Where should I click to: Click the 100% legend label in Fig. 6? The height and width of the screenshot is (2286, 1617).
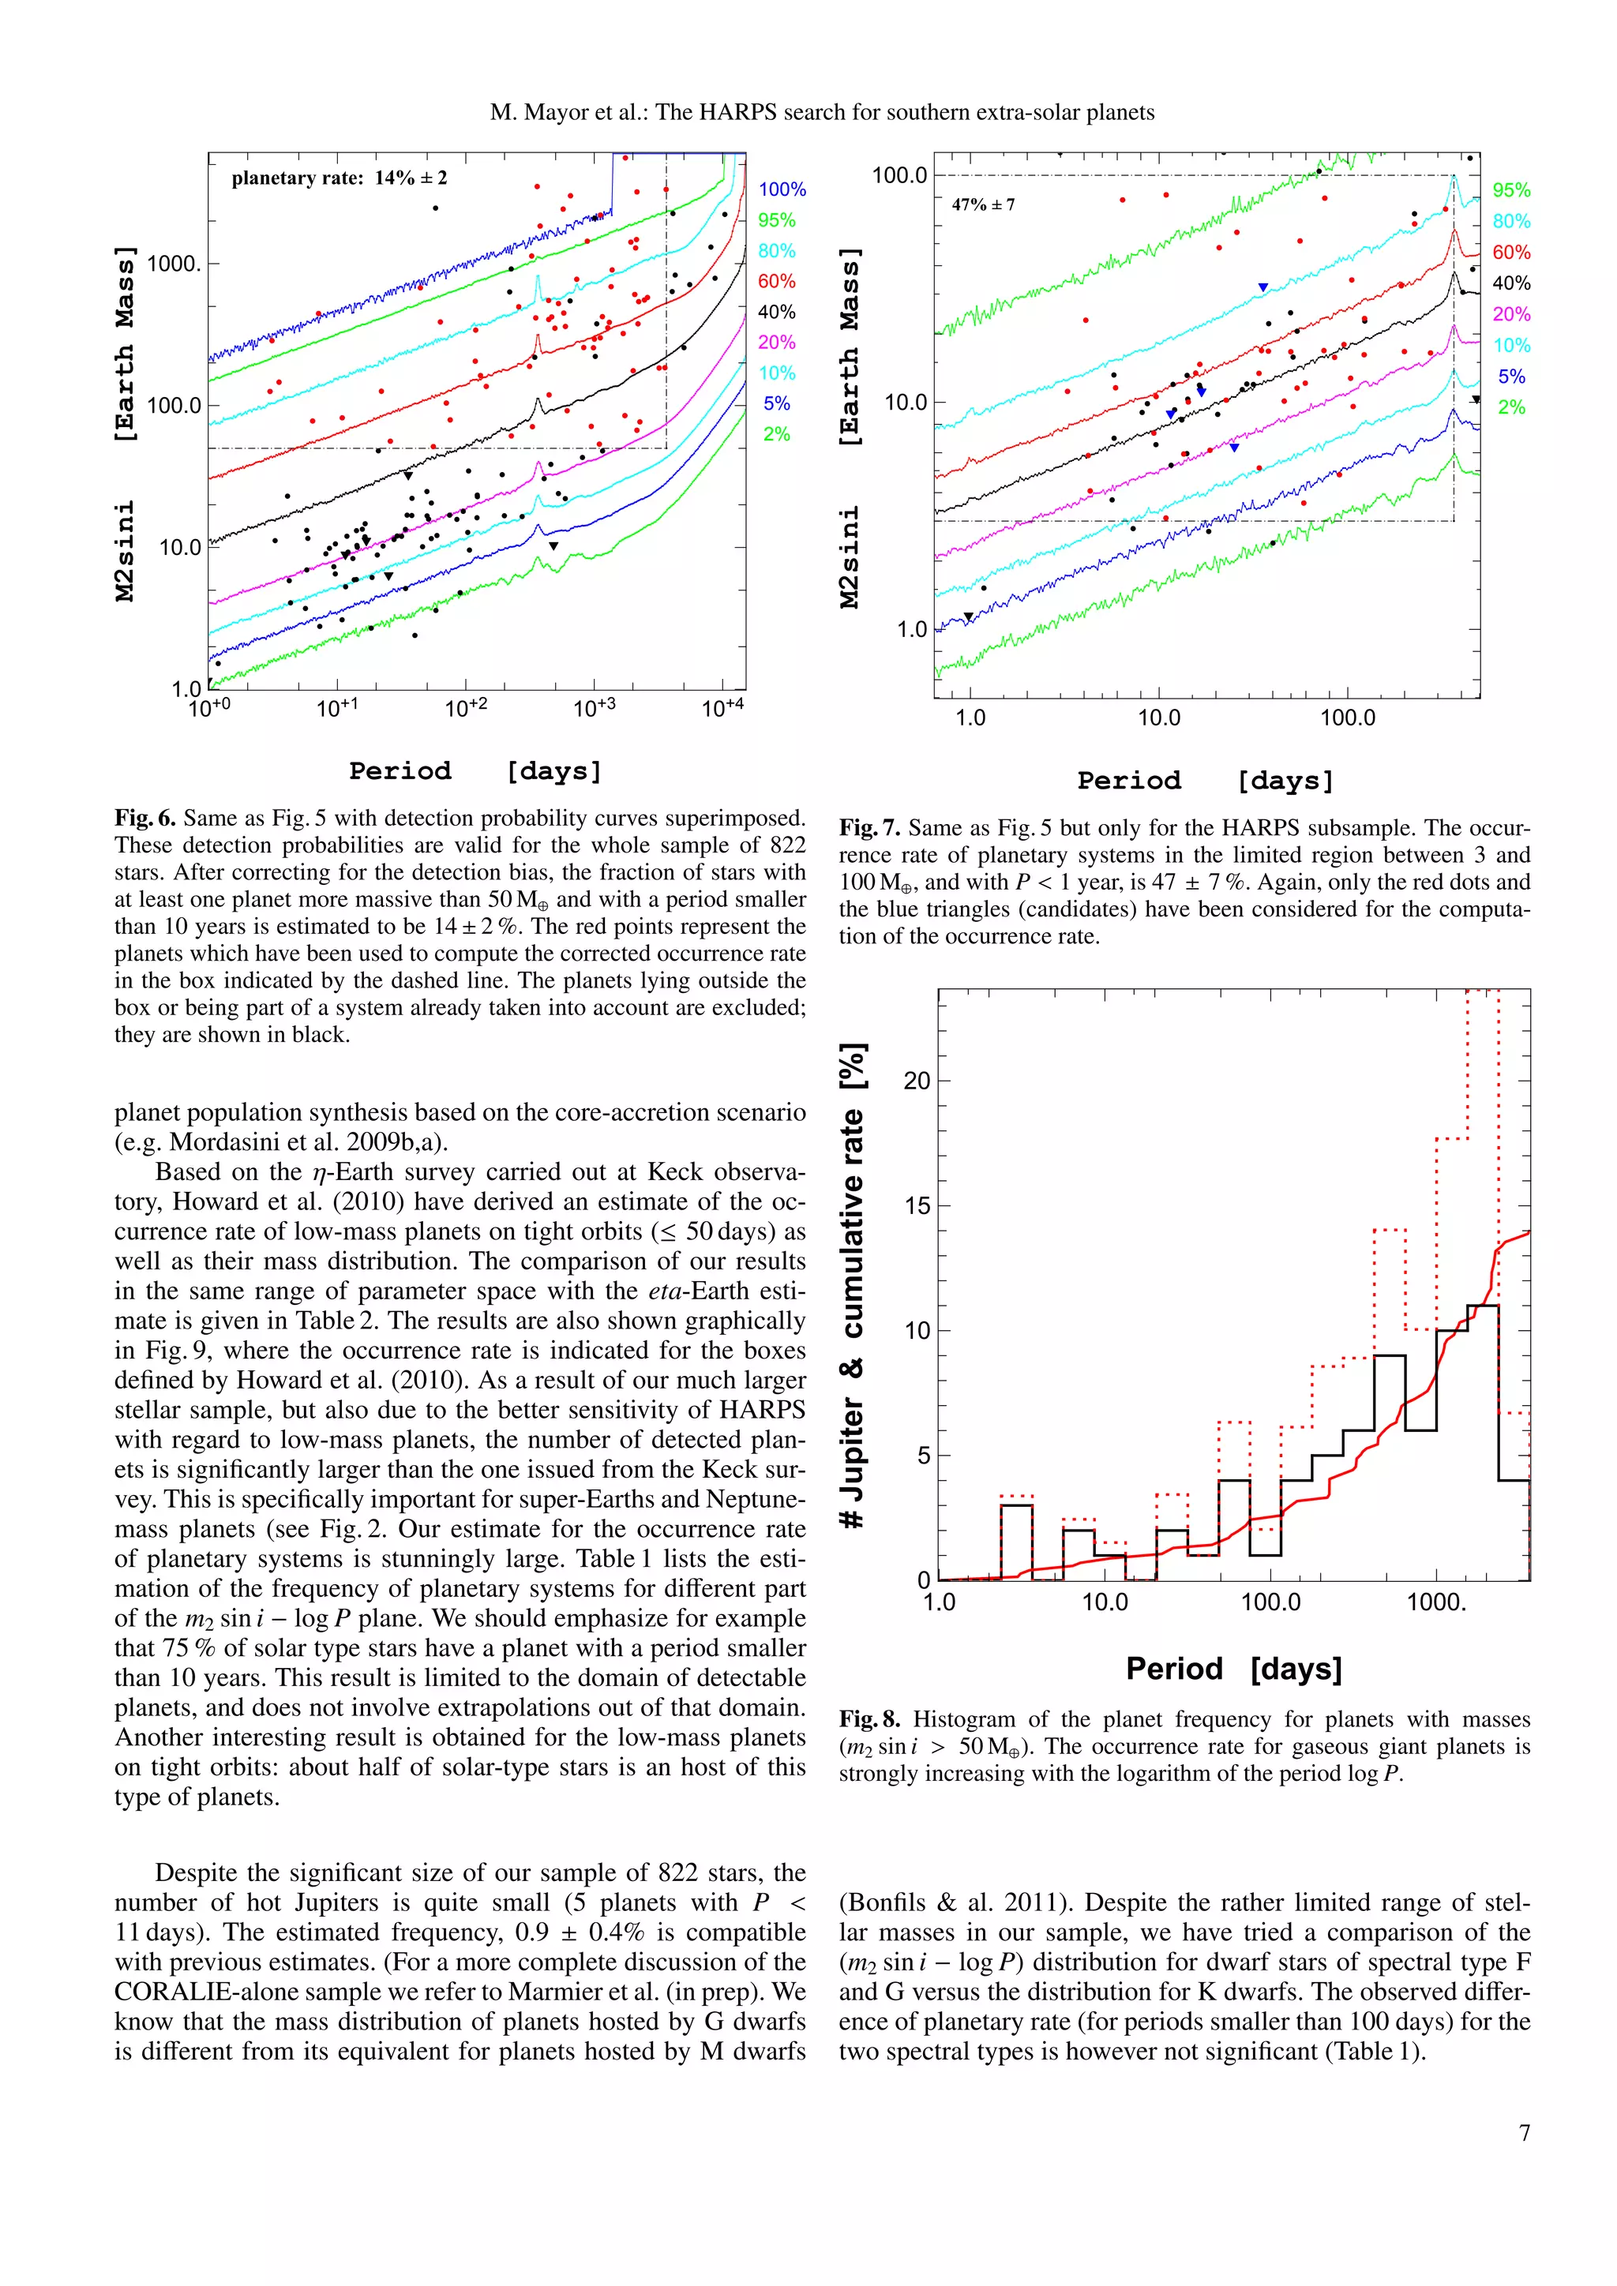point(782,189)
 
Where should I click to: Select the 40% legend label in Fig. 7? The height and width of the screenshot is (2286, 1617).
point(1510,283)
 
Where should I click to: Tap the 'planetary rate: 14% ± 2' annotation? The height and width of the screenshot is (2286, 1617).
point(339,178)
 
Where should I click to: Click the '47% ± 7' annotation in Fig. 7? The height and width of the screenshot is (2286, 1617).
point(983,205)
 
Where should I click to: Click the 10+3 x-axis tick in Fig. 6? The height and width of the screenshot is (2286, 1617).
point(594,708)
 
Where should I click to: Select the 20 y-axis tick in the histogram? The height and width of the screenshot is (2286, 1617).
point(916,1081)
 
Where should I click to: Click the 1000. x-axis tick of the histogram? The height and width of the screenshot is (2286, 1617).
point(1435,1602)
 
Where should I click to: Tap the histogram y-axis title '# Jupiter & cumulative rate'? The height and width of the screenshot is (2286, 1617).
point(854,1284)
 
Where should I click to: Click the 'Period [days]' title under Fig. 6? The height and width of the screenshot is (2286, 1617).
point(475,770)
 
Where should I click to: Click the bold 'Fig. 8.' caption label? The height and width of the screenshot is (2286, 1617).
point(869,1718)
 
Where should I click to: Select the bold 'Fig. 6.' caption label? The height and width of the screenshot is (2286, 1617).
point(144,818)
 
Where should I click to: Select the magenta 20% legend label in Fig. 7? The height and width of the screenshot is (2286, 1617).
point(1510,315)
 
